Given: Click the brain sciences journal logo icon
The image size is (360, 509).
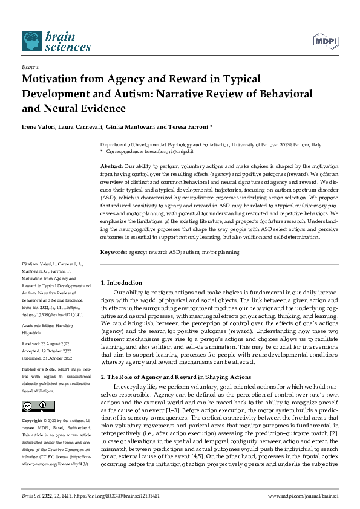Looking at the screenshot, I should tap(32, 41).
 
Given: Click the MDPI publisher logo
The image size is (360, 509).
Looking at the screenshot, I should tap(324, 41).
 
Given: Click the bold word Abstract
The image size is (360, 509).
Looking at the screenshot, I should tap(111, 166).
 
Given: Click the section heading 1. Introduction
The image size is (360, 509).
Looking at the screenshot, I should tap(121, 283).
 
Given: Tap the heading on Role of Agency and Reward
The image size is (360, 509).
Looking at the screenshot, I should tap(167, 377).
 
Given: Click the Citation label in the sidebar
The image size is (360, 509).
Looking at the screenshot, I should tap(30, 281).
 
